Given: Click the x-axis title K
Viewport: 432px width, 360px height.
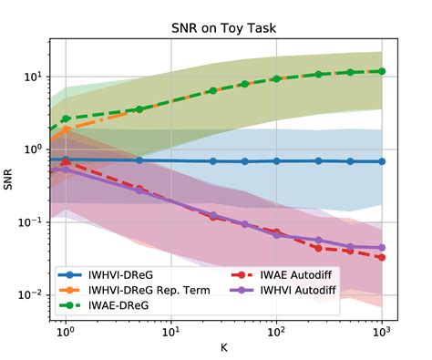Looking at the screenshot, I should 222,347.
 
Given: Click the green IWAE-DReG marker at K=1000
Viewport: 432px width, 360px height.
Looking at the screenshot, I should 382,71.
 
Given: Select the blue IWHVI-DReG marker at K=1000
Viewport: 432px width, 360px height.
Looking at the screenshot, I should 382,161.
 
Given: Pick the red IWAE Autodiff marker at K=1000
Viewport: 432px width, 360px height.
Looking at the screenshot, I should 382,257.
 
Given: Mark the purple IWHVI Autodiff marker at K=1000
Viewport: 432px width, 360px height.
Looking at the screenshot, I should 382,248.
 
